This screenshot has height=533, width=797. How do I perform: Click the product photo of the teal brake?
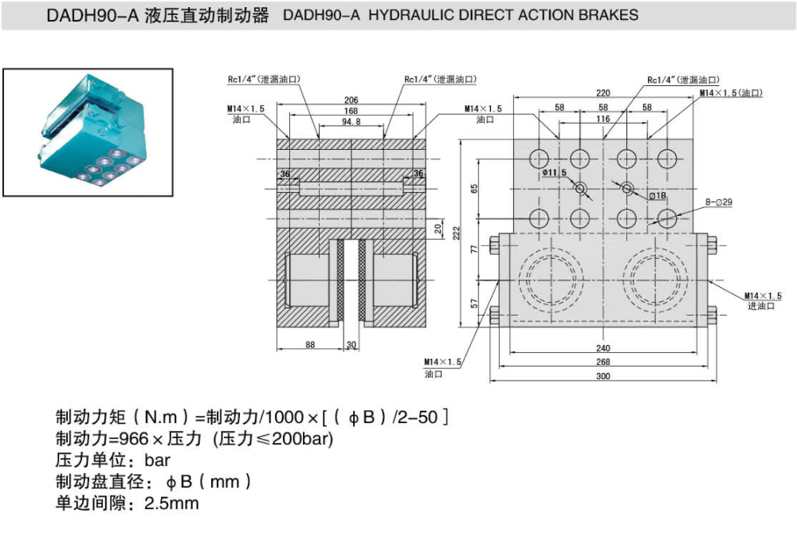click(x=88, y=131)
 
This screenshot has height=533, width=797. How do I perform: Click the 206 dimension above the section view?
click(x=351, y=100)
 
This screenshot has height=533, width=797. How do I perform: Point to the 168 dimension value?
click(x=351, y=111)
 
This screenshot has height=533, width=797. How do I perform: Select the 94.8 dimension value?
click(x=351, y=121)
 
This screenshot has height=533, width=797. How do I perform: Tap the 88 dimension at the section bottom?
click(x=310, y=344)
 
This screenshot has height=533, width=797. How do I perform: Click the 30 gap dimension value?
click(x=351, y=344)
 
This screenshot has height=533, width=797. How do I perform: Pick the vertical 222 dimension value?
click(x=457, y=232)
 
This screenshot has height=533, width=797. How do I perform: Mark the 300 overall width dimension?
click(x=603, y=376)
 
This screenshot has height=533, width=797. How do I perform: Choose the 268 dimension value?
click(x=603, y=363)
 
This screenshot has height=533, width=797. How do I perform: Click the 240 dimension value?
click(x=603, y=348)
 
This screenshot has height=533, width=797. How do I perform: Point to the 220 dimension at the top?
click(x=603, y=93)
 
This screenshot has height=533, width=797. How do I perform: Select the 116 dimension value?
click(x=603, y=119)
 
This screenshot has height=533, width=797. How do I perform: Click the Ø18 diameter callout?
click(x=658, y=195)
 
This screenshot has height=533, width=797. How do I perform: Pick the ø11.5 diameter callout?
click(x=554, y=172)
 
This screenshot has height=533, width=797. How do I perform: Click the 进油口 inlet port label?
click(x=761, y=306)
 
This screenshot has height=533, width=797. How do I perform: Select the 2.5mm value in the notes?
click(x=171, y=504)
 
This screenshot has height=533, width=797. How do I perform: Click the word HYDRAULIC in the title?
click(x=409, y=15)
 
